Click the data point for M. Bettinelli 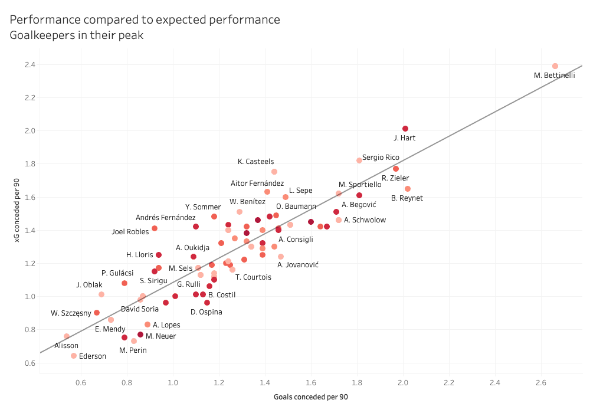(555, 66)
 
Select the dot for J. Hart (405, 129)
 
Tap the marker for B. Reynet (407, 189)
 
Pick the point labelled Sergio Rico (359, 160)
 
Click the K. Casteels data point (274, 172)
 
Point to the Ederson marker (74, 356)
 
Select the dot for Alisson (67, 336)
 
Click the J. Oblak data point (101, 294)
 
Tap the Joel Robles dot (155, 228)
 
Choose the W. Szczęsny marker (97, 313)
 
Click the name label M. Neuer (160, 337)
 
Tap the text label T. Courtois (253, 277)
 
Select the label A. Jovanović (298, 265)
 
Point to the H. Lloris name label (140, 255)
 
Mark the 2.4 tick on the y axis (25, 65)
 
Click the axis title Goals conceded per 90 (311, 397)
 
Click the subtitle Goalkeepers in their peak (77, 35)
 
